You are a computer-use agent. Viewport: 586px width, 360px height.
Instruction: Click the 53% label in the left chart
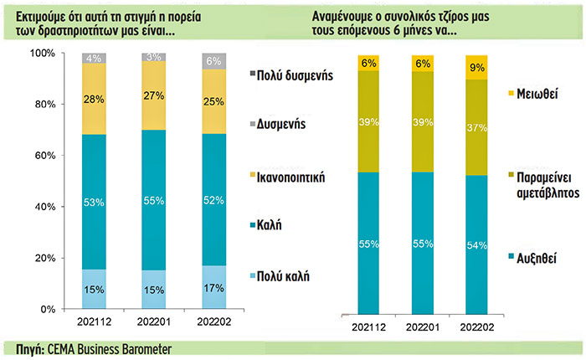[95, 202]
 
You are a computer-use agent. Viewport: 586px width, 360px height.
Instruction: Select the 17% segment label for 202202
[214, 288]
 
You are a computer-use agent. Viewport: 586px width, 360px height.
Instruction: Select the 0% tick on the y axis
[47, 309]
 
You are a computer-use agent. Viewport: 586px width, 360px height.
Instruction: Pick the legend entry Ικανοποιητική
[295, 178]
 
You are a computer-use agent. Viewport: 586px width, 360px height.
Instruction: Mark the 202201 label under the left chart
[154, 321]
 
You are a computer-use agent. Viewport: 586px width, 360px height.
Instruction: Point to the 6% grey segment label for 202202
[214, 61]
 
